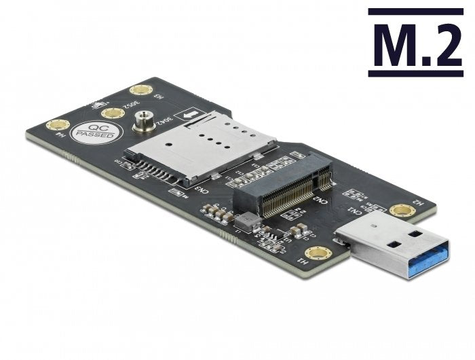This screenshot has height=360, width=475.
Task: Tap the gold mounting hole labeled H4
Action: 58,125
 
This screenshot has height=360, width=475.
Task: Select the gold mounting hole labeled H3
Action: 140,90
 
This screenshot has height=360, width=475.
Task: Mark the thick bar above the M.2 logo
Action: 416,11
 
